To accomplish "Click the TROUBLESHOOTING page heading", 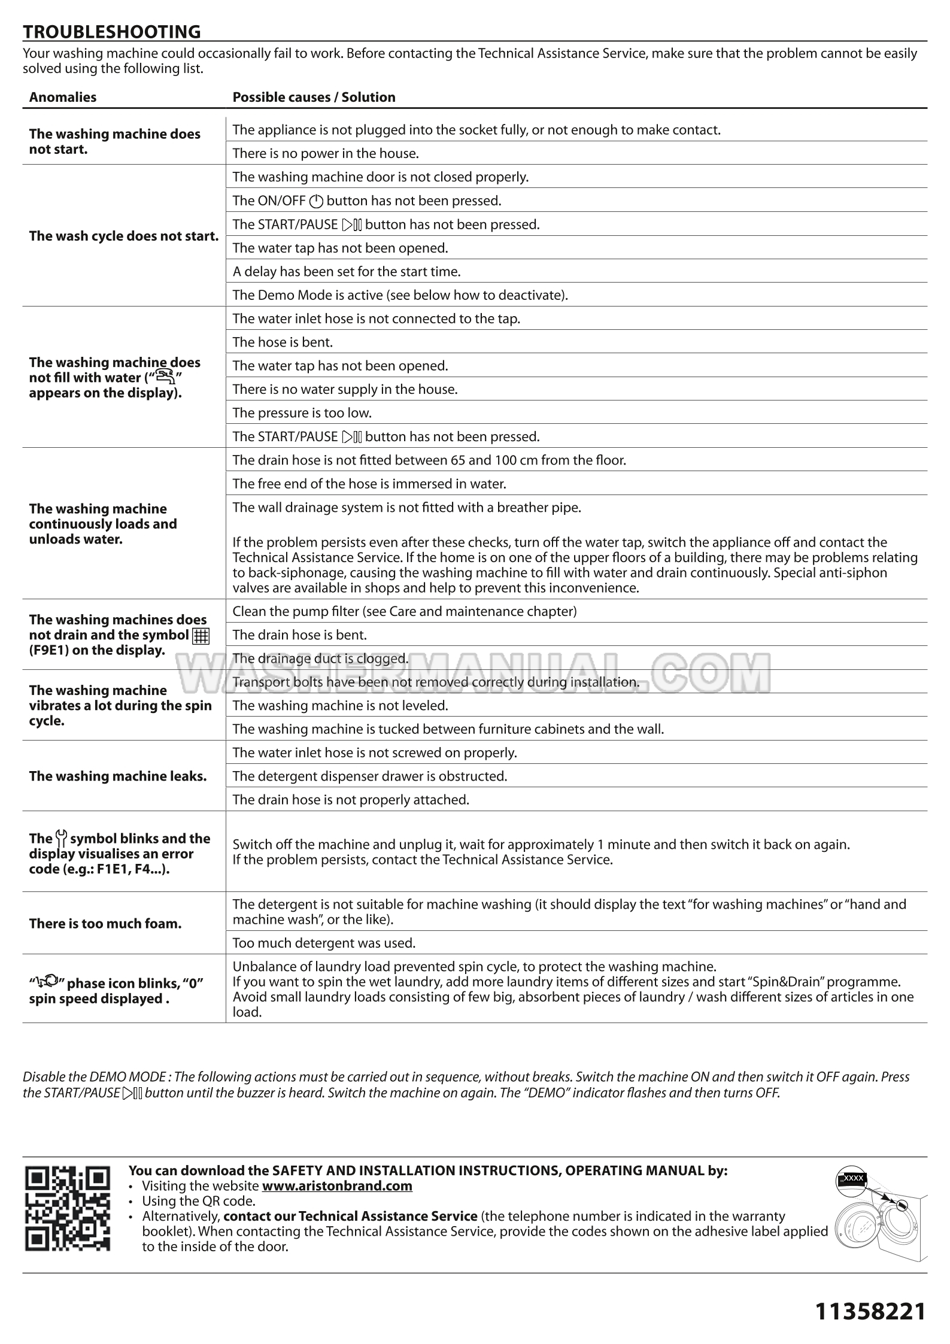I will pyautogui.click(x=112, y=31).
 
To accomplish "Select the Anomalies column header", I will pyautogui.click(x=63, y=97).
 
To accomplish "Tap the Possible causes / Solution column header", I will pyautogui.click(x=314, y=97).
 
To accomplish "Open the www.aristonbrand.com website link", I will pyautogui.click(x=337, y=1185).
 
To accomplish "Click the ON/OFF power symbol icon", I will pyautogui.click(x=316, y=201).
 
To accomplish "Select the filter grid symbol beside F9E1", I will pyautogui.click(x=201, y=636).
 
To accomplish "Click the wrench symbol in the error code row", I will pyautogui.click(x=61, y=838).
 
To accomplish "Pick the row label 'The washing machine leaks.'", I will pyautogui.click(x=118, y=776).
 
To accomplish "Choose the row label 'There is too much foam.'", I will pyautogui.click(x=105, y=923).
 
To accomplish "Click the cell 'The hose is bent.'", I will pyautogui.click(x=283, y=342).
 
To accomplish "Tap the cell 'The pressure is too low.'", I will pyautogui.click(x=302, y=412).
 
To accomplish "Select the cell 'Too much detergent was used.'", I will pyautogui.click(x=324, y=943).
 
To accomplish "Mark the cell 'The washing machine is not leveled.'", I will pyautogui.click(x=340, y=705).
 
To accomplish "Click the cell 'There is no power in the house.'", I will pyautogui.click(x=326, y=153).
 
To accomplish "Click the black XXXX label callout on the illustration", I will pyautogui.click(x=851, y=1179).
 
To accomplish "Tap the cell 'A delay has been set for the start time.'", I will pyautogui.click(x=347, y=271).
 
